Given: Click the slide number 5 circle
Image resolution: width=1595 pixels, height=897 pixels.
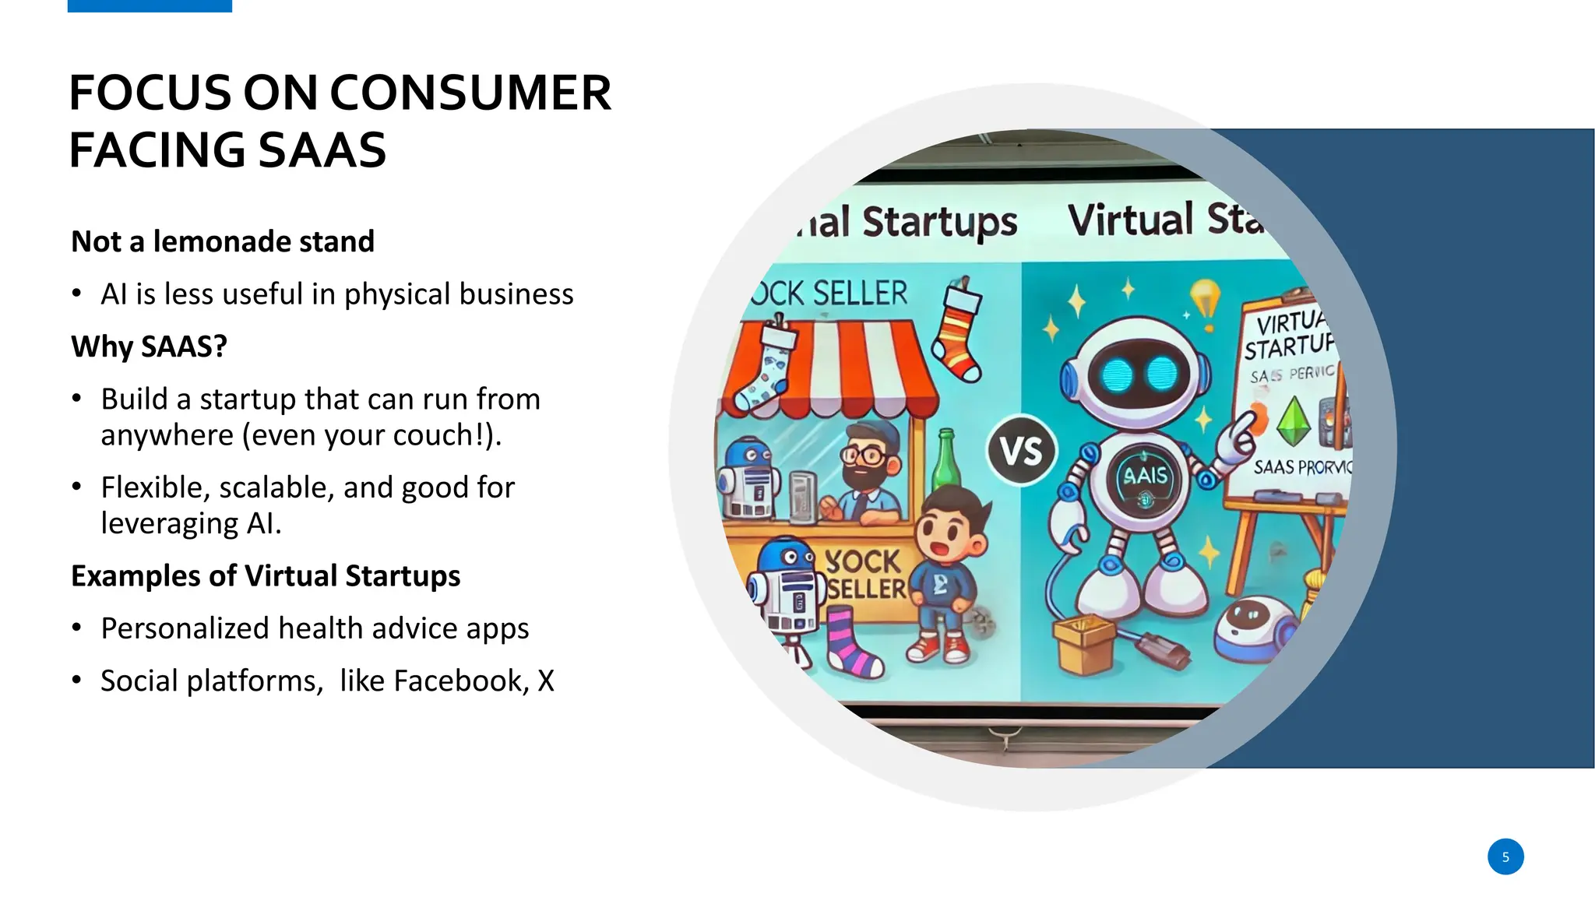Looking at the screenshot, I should coord(1505,857).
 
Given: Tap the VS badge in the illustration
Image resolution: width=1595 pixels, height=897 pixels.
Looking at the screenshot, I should coord(1021,451).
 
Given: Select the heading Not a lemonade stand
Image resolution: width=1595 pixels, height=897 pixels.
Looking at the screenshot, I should coord(223,241).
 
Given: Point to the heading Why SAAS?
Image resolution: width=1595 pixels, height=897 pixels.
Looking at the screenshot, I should coord(149,346).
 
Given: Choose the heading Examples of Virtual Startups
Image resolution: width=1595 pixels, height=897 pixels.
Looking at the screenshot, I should coord(266,576).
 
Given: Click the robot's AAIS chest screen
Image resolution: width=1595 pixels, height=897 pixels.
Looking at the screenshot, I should coord(1145,477).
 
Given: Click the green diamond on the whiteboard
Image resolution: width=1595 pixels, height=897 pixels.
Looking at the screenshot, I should coord(1293,420).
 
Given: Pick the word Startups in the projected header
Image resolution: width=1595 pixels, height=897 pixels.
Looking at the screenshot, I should coord(939,222).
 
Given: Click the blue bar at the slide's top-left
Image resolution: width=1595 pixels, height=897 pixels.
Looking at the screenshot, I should coord(150,5).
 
